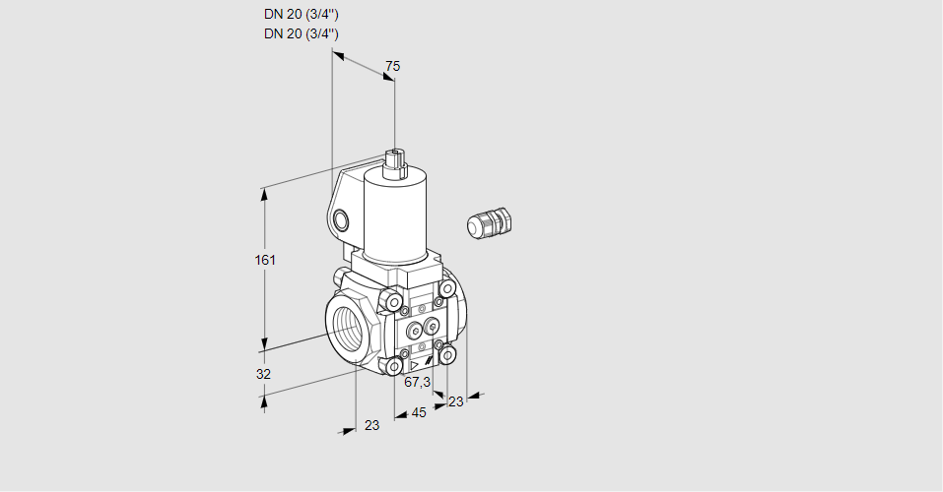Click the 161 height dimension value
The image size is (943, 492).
pyautogui.click(x=265, y=260)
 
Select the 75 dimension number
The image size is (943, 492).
pyautogui.click(x=393, y=66)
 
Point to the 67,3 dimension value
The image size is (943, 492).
pyautogui.click(x=417, y=382)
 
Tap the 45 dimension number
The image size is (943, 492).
pyautogui.click(x=419, y=412)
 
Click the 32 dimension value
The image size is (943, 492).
pyautogui.click(x=263, y=374)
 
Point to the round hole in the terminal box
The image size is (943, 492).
pyautogui.click(x=341, y=221)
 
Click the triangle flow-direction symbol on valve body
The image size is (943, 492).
pyautogui.click(x=414, y=365)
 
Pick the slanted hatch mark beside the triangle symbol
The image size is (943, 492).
pyautogui.click(x=428, y=361)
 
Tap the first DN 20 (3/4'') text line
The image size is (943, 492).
pyautogui.click(x=301, y=15)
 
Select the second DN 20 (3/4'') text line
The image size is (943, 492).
pyautogui.click(x=301, y=33)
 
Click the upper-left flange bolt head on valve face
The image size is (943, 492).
pyautogui.click(x=391, y=298)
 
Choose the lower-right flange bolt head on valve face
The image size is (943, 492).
pyautogui.click(x=446, y=355)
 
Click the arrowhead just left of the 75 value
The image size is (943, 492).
pyautogui.click(x=339, y=56)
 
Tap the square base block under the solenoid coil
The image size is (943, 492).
pyautogui.click(x=397, y=269)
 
